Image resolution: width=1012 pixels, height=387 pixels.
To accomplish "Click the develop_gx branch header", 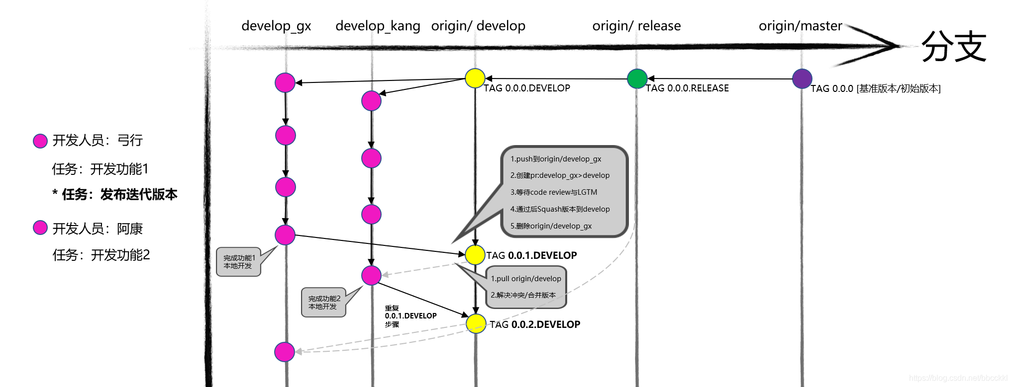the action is (276, 26).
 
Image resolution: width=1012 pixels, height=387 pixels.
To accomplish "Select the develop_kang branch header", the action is (378, 26).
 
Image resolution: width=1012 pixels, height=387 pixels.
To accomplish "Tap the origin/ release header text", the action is (636, 26).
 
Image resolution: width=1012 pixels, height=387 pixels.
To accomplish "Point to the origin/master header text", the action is (800, 26).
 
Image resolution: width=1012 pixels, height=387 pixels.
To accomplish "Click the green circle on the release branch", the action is (637, 79).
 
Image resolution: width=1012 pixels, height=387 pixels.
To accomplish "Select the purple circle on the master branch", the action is (802, 78).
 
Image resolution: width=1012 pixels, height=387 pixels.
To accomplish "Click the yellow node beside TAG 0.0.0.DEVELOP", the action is (475, 78).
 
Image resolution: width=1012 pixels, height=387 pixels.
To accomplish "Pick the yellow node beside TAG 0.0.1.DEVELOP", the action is (475, 255).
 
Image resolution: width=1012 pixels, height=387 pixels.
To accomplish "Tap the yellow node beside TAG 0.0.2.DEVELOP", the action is (476, 323).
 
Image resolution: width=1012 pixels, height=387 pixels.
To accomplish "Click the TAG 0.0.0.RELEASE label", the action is (687, 88).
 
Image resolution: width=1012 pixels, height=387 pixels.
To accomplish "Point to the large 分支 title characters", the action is (954, 46).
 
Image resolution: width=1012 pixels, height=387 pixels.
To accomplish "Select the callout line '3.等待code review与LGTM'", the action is (554, 192).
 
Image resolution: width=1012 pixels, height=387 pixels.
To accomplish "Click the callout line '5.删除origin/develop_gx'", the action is (551, 226).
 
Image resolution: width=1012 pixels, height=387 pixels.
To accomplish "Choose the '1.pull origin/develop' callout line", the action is (526, 279).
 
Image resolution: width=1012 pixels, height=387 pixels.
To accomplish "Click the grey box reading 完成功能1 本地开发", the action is (239, 262).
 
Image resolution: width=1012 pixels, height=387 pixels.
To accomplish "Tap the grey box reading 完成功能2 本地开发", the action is (324, 303).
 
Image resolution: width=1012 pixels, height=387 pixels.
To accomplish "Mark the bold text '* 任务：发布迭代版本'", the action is (115, 194).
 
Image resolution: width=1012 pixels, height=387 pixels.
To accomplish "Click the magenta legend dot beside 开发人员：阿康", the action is (40, 228).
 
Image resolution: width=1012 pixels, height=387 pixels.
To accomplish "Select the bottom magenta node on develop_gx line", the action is (285, 352).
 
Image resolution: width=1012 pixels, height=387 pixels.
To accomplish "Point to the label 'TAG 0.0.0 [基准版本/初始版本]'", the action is (876, 89).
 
